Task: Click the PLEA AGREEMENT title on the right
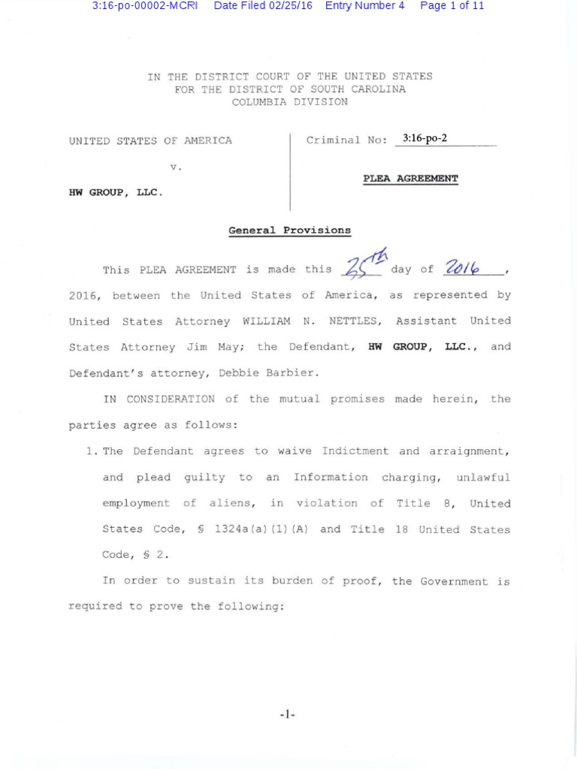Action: [410, 179]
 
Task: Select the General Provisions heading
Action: [289, 231]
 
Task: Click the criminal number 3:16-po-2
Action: [430, 139]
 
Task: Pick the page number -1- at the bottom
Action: [287, 715]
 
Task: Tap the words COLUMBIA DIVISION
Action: [289, 101]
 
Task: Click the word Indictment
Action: [355, 451]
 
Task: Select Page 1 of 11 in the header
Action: [452, 6]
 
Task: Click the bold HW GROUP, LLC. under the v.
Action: [115, 192]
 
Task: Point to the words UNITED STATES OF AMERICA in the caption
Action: [150, 140]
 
